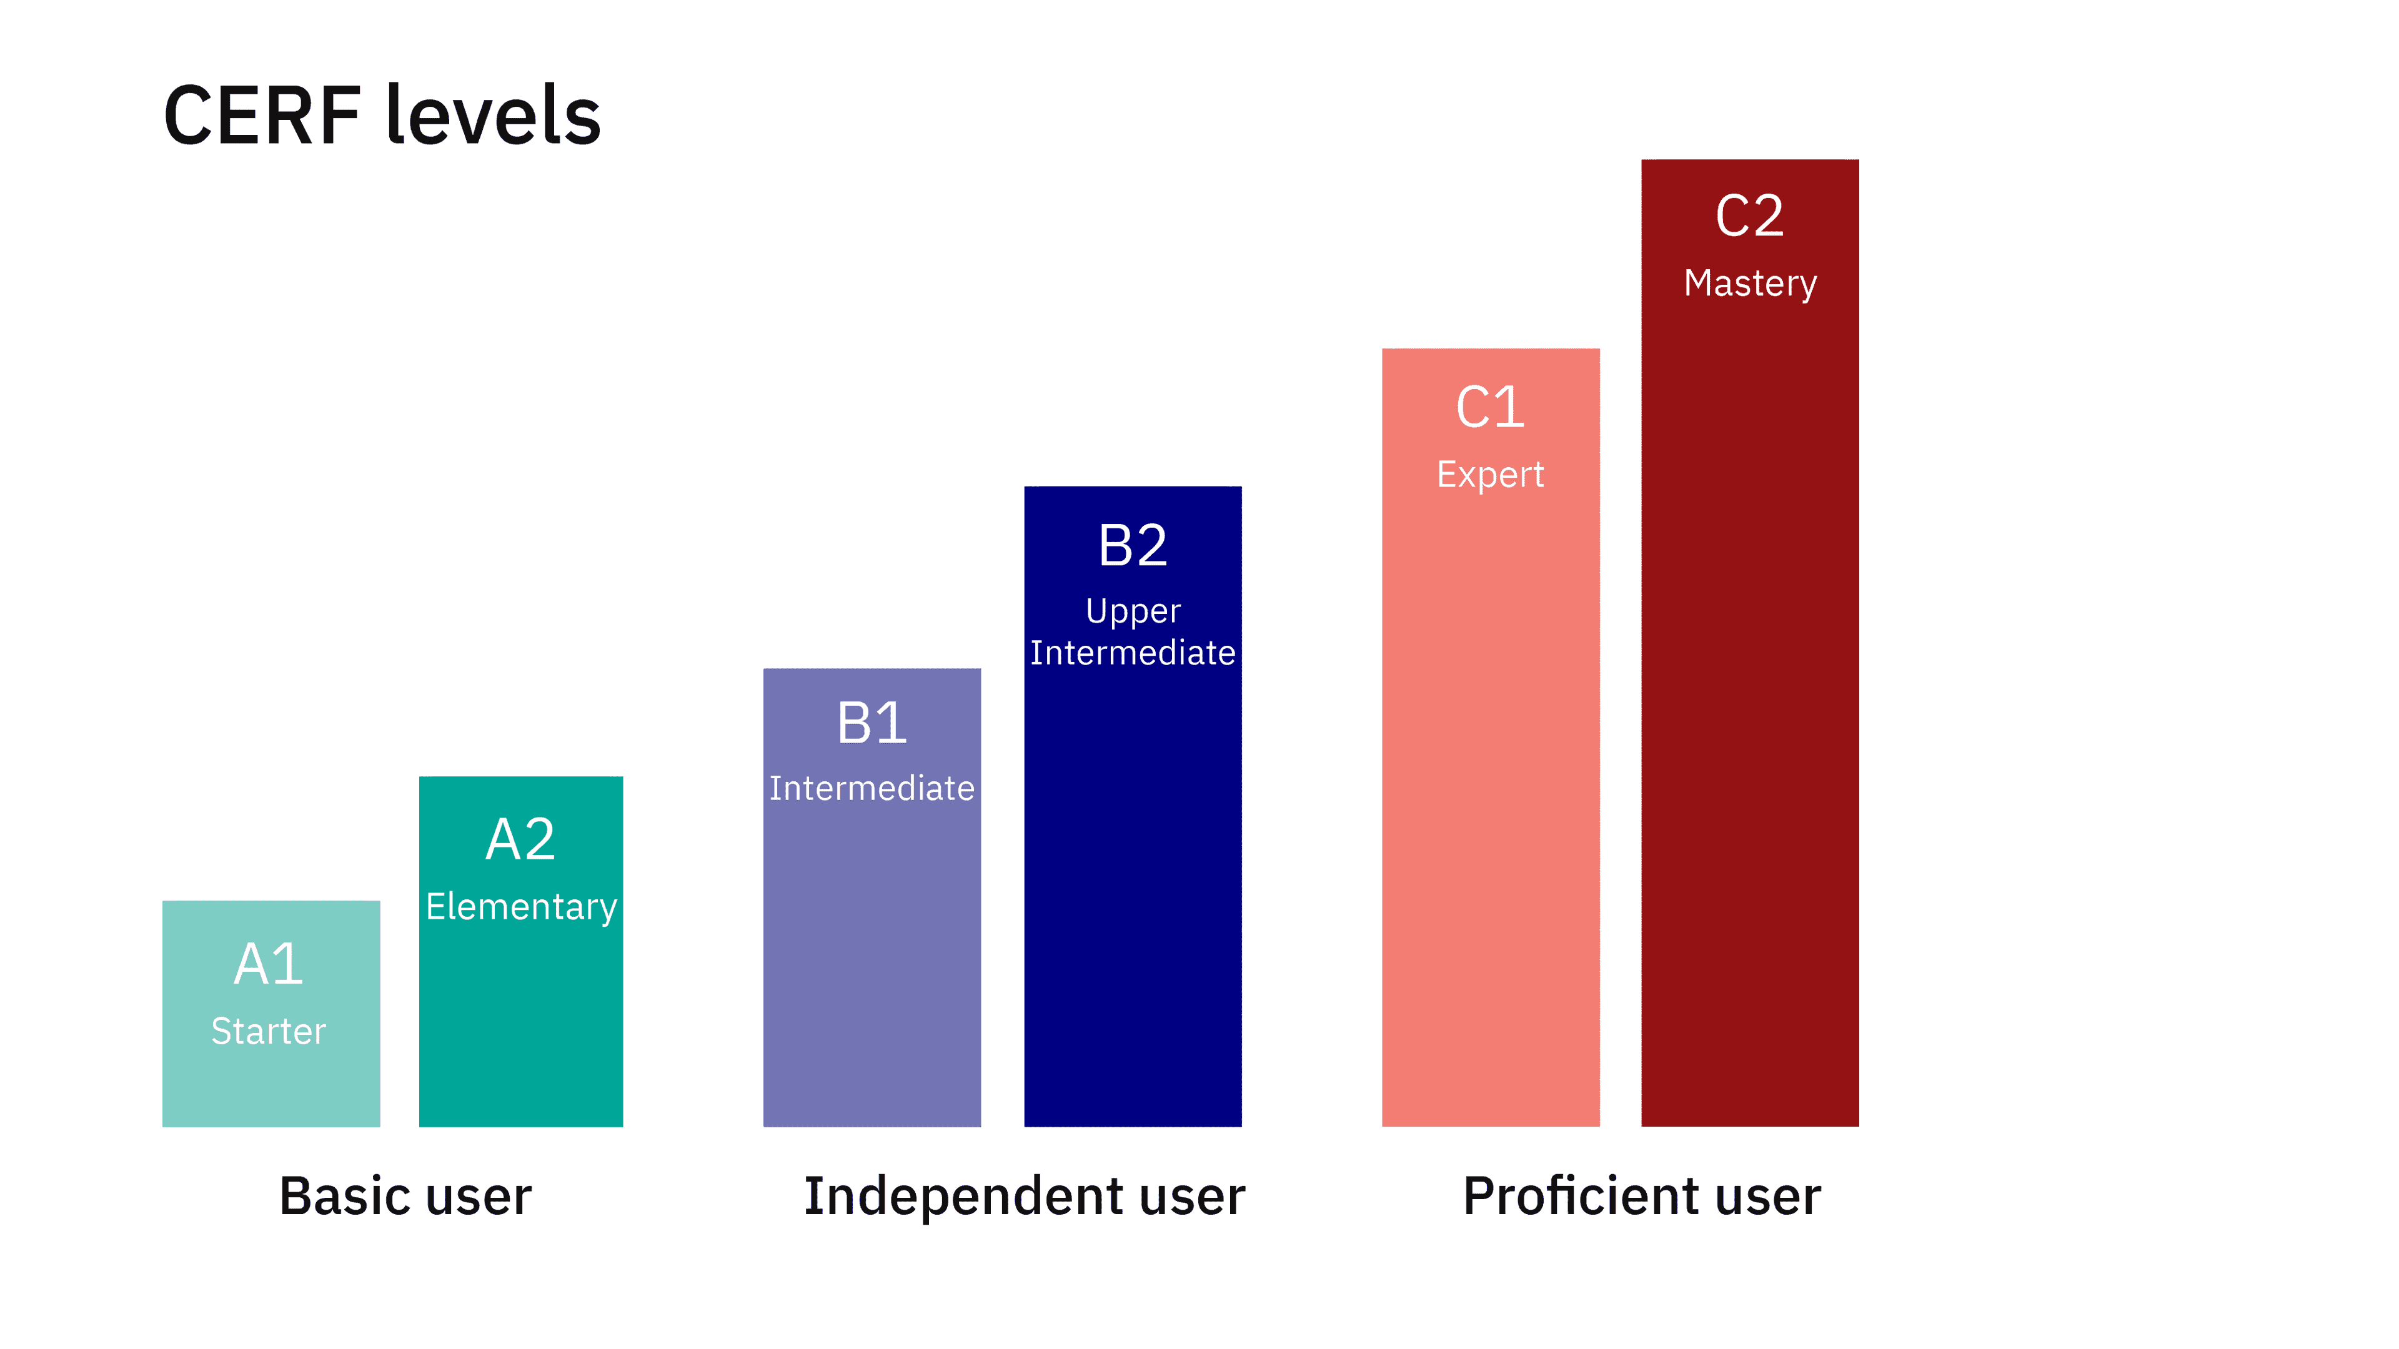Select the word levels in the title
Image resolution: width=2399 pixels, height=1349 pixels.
pos(493,116)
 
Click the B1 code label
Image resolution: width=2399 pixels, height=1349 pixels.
pos(872,723)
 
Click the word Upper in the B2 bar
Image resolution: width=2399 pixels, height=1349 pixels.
pos(1133,611)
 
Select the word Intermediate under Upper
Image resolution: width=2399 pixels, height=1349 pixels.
pos(1133,653)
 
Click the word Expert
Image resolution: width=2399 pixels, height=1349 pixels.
pos(1490,475)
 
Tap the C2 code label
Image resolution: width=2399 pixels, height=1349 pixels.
pos(1749,216)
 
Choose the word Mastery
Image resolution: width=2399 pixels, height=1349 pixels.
pos(1749,283)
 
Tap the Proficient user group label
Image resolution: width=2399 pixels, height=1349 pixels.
pos(1641,1197)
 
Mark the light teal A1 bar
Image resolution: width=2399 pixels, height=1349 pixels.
pos(270,1089)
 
